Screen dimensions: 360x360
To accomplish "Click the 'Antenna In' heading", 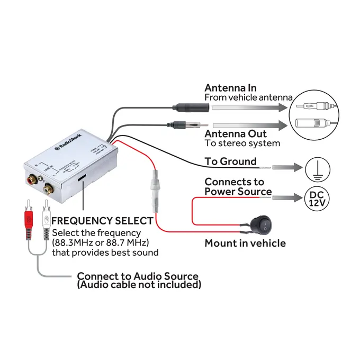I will coord(230,88).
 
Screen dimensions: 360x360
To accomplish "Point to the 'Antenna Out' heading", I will coord(236,134).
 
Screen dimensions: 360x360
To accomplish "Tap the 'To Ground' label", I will coord(230,161).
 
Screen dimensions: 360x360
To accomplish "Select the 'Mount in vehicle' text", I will coord(245,244).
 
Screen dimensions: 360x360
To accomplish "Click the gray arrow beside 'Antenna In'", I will coord(249,107).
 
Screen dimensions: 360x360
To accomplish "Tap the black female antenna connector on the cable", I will coord(188,107).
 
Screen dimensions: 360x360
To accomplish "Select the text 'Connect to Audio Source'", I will coord(138,276).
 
